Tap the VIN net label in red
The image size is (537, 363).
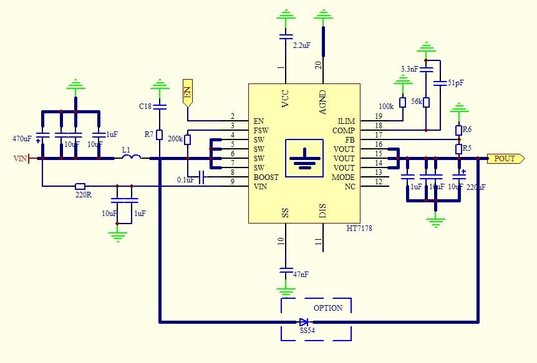21,159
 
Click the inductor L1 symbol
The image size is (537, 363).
130,158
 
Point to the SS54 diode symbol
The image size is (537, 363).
304,322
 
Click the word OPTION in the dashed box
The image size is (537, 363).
328,308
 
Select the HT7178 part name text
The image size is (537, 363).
359,229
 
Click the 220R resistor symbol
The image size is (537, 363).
80,186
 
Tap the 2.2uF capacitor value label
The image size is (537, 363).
302,45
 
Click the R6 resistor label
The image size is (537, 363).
467,130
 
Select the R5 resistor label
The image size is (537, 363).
467,149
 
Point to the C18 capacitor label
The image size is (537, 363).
145,106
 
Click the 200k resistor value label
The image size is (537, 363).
175,139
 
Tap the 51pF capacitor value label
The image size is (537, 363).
456,83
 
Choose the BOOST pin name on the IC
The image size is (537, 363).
266,177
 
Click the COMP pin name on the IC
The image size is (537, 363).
344,131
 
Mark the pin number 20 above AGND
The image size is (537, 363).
318,65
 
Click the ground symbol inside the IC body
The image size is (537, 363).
304,156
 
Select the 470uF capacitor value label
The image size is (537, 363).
22,138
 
